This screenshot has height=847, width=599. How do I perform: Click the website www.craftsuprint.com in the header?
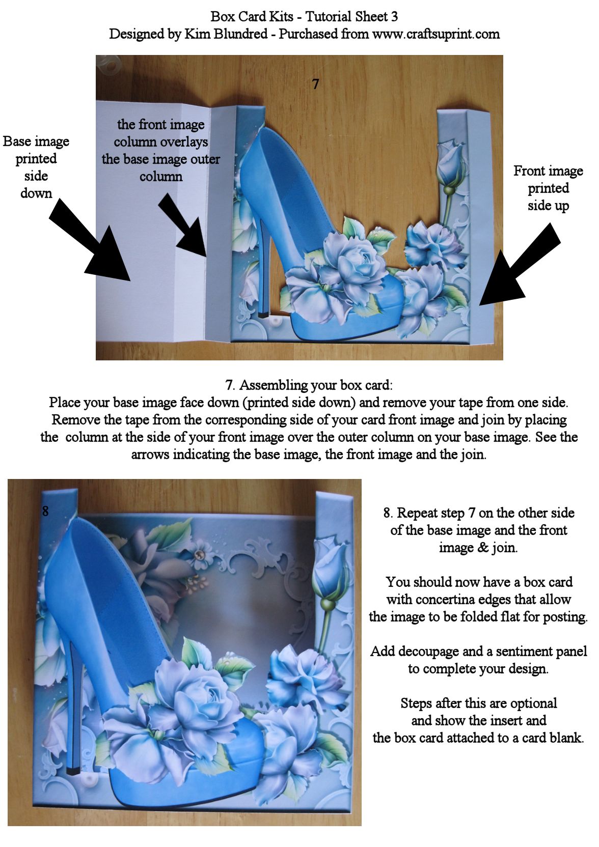point(436,35)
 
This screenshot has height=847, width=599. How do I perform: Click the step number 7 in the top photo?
point(316,84)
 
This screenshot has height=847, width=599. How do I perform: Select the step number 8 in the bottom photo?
point(45,511)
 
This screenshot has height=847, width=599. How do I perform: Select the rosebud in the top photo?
point(450,163)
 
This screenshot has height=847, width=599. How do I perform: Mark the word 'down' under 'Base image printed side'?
point(36,193)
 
